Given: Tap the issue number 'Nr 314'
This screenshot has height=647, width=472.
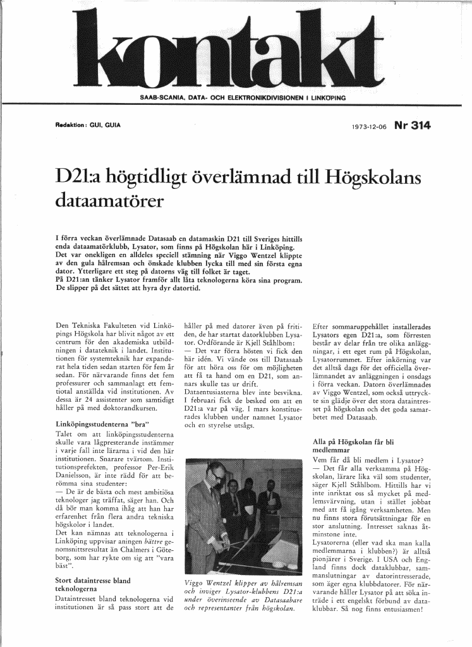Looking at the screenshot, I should [412, 125].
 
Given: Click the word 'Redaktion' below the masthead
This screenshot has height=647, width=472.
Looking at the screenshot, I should [70, 124].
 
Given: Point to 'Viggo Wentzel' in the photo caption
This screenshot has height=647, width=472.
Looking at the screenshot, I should [205, 583].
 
